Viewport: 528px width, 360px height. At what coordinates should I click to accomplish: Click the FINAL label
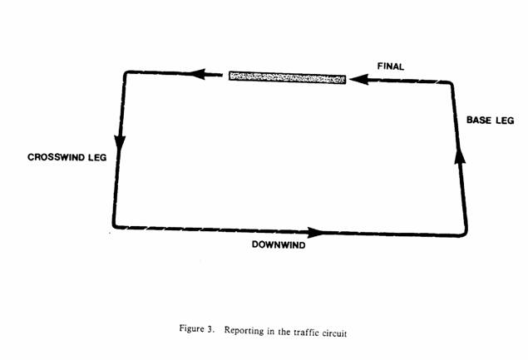[391, 67]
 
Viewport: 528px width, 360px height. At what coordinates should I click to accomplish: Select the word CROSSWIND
[57, 157]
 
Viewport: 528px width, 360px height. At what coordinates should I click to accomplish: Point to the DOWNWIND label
[279, 244]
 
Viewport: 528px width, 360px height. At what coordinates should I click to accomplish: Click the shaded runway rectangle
[287, 77]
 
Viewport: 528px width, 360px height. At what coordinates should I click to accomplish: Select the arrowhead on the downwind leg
[315, 232]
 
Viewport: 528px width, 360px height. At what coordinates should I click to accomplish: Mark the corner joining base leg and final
[451, 83]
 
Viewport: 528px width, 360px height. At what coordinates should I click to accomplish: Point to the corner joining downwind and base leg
[465, 234]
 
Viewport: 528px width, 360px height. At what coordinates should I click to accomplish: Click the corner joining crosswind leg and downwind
[116, 226]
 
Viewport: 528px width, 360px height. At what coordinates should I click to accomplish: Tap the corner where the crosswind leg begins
[126, 72]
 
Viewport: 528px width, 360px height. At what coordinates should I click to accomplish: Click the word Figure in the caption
[191, 328]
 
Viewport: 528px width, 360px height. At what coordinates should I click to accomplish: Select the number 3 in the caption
[210, 329]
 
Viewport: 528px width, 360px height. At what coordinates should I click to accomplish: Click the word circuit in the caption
[334, 333]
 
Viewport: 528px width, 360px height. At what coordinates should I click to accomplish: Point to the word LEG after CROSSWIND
[97, 157]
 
